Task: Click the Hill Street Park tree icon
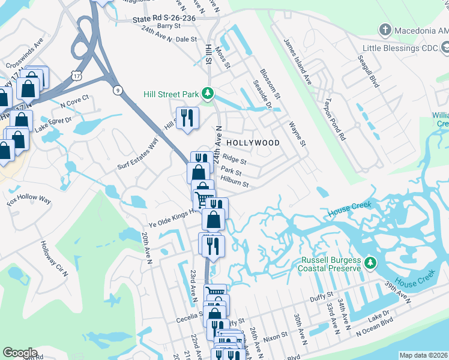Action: pos(208,93)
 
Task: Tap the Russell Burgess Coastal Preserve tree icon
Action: pos(371,262)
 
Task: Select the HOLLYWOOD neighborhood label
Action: pos(253,143)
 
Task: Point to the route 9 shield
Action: pos(116,90)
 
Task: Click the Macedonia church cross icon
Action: pos(385,29)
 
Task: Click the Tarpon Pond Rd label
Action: pos(334,119)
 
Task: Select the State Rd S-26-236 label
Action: pos(163,19)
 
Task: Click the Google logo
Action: pos(20,353)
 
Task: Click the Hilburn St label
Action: pos(234,181)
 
